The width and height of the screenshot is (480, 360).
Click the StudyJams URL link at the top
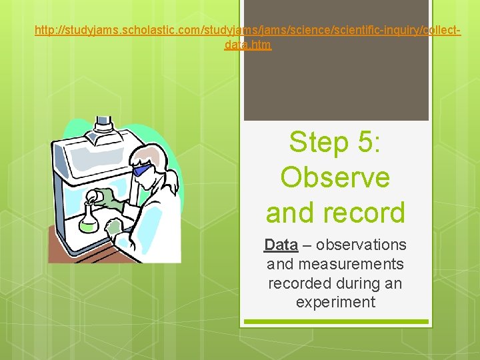coord(247,31)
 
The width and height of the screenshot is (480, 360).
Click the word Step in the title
coord(319,143)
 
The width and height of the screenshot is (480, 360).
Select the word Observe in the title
coord(335,177)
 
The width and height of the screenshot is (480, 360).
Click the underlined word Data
coord(281,245)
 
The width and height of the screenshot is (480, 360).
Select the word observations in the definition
coord(364,245)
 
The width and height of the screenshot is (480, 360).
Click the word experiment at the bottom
coord(335,302)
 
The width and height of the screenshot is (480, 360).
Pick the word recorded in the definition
coord(299,283)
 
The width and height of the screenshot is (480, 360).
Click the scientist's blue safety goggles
coord(141,171)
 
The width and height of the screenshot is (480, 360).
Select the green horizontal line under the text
coord(335,321)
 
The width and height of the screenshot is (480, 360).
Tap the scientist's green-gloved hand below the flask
coord(115,229)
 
